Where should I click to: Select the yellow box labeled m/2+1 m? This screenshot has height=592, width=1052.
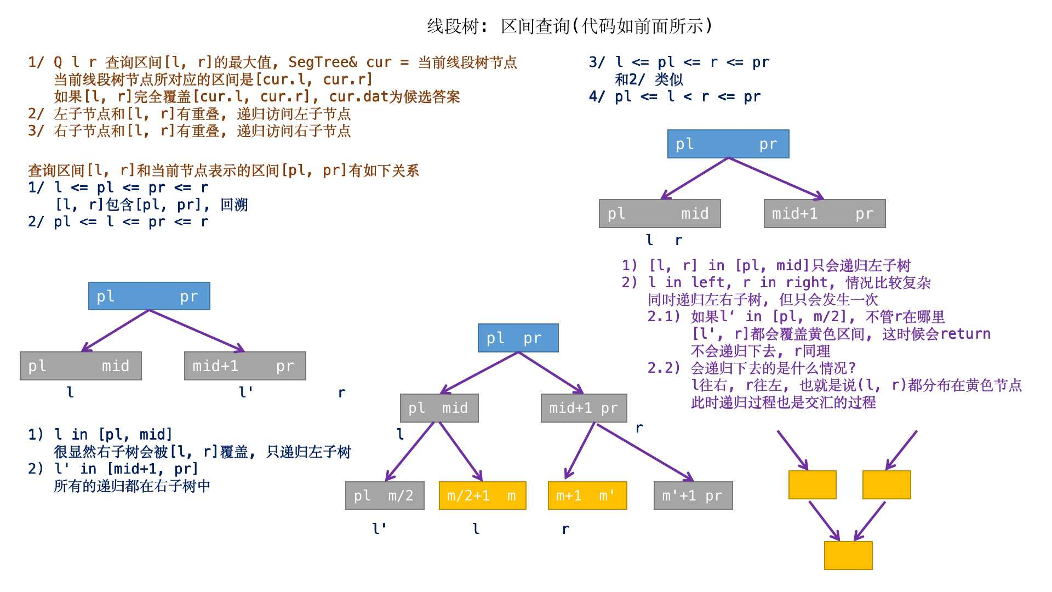pos(482,496)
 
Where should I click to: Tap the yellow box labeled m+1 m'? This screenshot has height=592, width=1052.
pos(587,496)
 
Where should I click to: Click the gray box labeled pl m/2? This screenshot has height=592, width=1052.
pos(385,496)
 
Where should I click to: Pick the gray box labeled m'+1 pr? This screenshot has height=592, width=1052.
pos(693,496)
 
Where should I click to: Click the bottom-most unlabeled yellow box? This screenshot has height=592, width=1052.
pos(848,555)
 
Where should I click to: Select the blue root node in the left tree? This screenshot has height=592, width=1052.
pos(149,296)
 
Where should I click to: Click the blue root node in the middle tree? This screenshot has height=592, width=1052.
pos(518,338)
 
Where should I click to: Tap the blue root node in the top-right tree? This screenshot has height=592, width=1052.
pos(728,144)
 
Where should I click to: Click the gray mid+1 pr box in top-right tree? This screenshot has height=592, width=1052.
pos(824,213)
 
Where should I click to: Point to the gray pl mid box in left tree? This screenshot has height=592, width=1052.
pos(81,366)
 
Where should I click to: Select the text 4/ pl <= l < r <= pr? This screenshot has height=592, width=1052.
pos(674,97)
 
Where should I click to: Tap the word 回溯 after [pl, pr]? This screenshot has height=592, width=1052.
pos(234,205)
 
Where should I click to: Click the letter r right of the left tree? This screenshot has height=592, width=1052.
pos(341,393)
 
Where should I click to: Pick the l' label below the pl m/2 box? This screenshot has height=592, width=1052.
pos(379,528)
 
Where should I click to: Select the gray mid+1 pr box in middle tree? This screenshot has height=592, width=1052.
pos(584,408)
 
